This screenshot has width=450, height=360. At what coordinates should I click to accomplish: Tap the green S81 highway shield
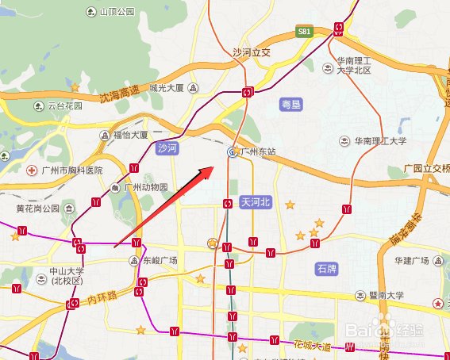click(x=303, y=32)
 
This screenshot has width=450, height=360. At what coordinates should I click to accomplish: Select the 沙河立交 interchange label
click(x=252, y=52)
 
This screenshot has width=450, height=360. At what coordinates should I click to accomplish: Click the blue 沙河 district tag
click(x=167, y=147)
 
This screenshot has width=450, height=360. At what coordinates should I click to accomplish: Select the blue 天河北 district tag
click(x=256, y=202)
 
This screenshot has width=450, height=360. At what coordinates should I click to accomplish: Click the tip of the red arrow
click(x=213, y=167)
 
